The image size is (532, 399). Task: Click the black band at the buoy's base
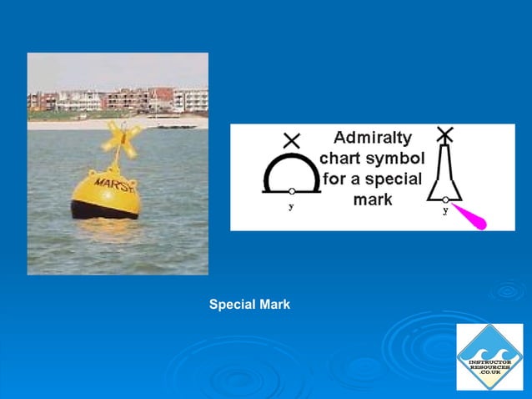coord(104,210)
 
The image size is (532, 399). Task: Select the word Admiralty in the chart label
coord(373,138)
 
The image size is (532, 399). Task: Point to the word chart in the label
coord(343,159)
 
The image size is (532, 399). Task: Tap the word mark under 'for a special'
coord(372,200)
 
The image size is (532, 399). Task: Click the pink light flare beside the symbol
coord(477,217)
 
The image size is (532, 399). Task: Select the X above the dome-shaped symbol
coord(291,139)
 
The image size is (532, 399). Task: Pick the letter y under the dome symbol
coord(291,207)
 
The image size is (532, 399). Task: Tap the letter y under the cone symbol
coord(445,210)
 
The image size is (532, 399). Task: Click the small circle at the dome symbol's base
coord(291,192)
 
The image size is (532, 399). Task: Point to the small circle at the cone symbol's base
coord(445,199)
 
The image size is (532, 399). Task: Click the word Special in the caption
coord(232,305)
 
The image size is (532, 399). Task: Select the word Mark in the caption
coord(274,305)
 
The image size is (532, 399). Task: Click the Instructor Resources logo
coord(489,356)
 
